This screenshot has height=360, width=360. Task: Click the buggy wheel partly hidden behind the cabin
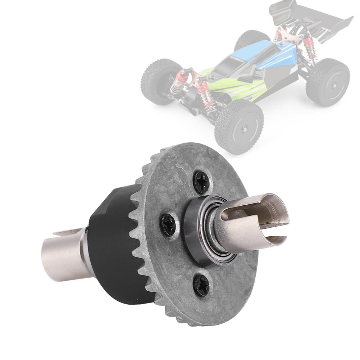coord(252,40)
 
